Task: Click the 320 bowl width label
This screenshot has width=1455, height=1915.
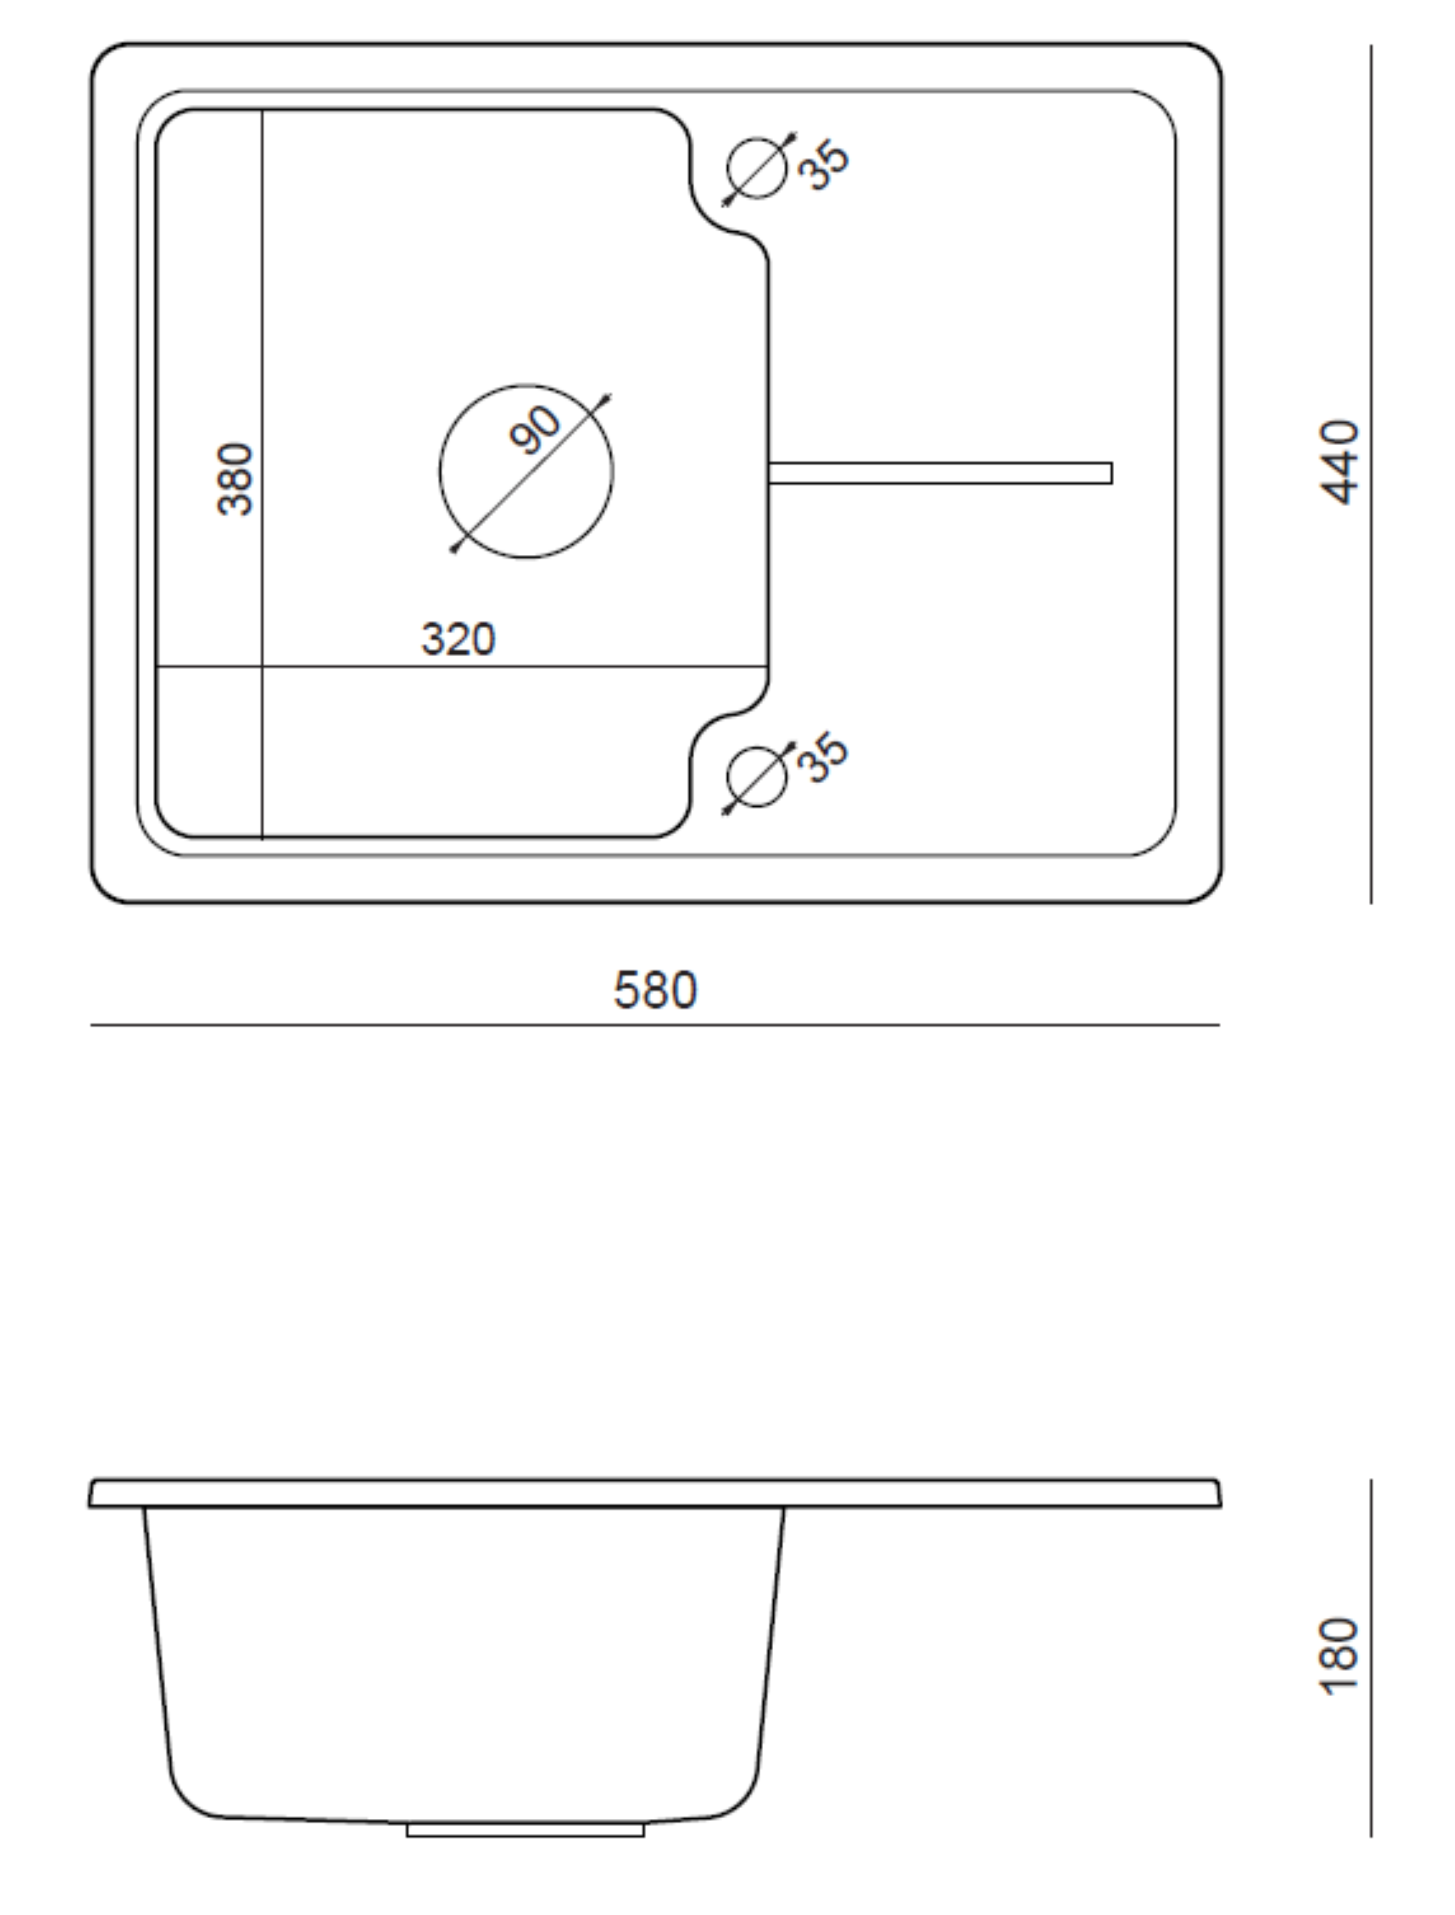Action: click(x=458, y=639)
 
